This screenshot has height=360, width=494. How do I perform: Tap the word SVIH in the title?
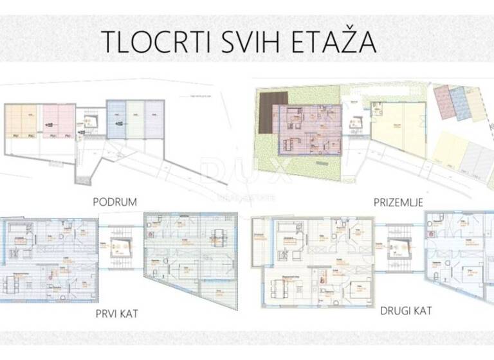pos(235,42)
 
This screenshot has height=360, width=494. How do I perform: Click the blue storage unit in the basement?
pos(116,119)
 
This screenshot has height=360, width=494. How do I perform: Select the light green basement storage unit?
pos(134,119)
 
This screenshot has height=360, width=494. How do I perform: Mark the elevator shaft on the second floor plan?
pos(397,247)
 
